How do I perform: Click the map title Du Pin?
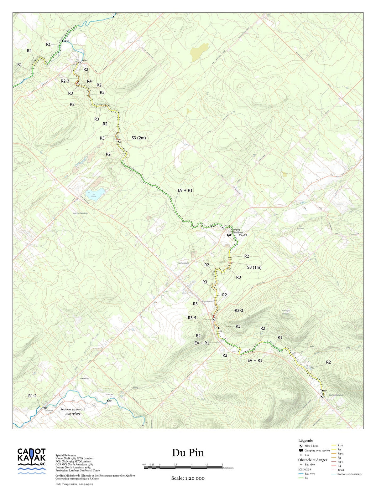[x=188, y=453]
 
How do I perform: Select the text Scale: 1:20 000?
[x=188, y=478]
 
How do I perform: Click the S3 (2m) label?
[x=138, y=138]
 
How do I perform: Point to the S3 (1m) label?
[x=254, y=267]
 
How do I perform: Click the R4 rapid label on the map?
[x=89, y=81]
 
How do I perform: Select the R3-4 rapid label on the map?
[x=192, y=318]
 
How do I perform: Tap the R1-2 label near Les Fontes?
[x=32, y=396]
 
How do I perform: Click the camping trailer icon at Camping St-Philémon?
[x=229, y=235]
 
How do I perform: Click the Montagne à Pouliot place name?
[x=285, y=312]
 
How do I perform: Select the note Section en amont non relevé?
[x=73, y=411]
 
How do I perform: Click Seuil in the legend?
[x=341, y=470]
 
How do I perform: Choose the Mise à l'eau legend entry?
[x=311, y=446]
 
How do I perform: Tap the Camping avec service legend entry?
[x=317, y=450]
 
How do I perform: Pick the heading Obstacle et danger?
[x=312, y=460]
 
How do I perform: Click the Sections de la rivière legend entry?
[x=349, y=474]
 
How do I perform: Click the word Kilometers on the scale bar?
[x=228, y=468]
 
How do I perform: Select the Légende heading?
[x=305, y=440]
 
